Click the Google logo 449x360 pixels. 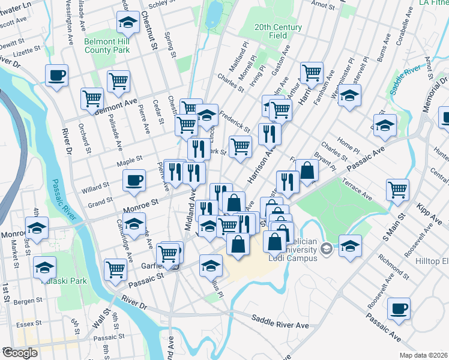tap(20, 353)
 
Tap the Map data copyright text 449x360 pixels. tap(423, 355)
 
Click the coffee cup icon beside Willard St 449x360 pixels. tap(134, 181)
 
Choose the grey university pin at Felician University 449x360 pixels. tap(326, 248)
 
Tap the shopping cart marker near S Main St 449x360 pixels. tap(397, 190)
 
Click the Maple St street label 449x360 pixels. tap(129, 160)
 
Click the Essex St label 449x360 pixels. tap(28, 324)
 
